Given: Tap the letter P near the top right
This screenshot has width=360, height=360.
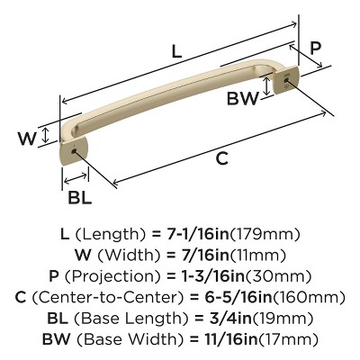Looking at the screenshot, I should pyautogui.click(x=315, y=48).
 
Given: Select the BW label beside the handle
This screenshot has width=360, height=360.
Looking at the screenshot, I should pyautogui.click(x=241, y=96).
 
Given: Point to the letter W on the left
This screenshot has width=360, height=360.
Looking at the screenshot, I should pyautogui.click(x=26, y=139).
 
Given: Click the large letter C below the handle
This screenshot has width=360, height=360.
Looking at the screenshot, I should pyautogui.click(x=220, y=158).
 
